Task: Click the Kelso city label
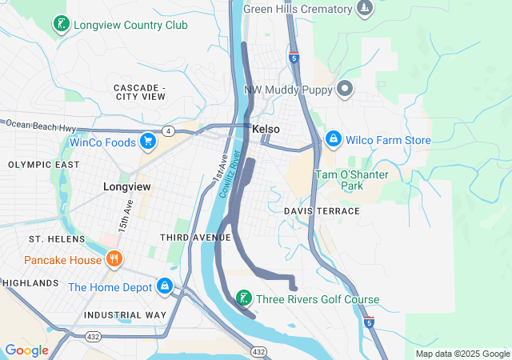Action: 266,129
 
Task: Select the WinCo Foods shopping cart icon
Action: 148,141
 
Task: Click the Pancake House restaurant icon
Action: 114,259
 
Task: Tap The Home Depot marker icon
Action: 165,286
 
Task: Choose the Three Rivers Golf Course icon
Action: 242,299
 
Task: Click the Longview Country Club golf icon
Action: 61,25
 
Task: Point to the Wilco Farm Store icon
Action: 334,140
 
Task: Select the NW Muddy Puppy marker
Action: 346,90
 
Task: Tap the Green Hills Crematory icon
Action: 365,9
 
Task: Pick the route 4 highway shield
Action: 168,130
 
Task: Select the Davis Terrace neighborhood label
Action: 322,210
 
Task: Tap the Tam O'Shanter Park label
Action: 350,180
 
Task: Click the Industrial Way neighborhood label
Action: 126,315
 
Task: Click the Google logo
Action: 26,350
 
